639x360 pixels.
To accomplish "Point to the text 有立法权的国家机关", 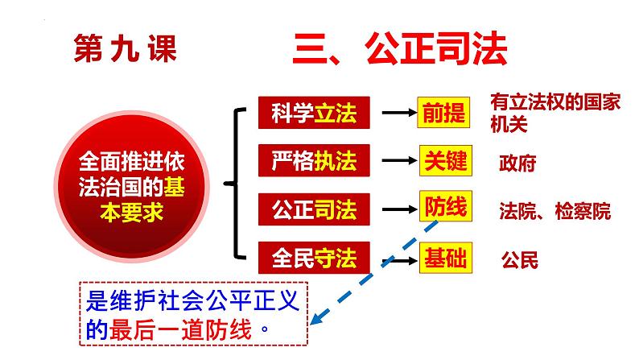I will pyautogui.click(x=545, y=112).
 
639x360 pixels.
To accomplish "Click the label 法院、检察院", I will pyautogui.click(x=554, y=212).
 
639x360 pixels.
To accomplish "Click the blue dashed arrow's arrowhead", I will pyautogui.click(x=319, y=320).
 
